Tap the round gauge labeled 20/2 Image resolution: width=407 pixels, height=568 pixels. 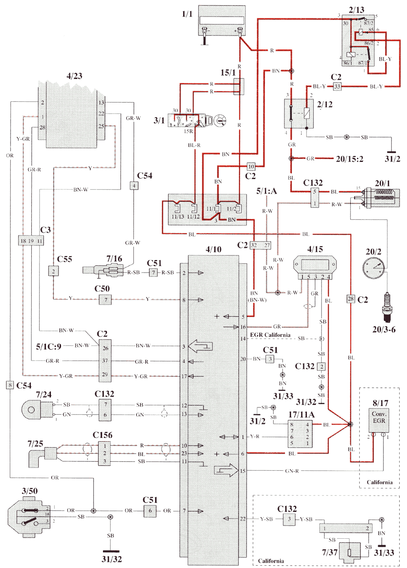[374, 268]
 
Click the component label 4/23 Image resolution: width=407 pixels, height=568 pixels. [74, 76]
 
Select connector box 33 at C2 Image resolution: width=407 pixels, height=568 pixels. [337, 86]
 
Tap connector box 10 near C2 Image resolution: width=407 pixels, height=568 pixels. [251, 166]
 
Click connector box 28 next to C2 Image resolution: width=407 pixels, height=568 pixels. [350, 299]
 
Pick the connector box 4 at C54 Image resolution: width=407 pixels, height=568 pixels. [134, 186]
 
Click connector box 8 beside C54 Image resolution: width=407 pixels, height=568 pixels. [10, 385]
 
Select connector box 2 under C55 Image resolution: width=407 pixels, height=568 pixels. [53, 271]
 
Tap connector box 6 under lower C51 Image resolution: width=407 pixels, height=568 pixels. [150, 511]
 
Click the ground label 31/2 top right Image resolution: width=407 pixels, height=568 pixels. [392, 159]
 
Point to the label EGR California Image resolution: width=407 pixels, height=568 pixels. [270, 335]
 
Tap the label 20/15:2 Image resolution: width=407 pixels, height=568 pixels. [349, 159]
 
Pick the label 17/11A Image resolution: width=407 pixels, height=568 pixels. [301, 415]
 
